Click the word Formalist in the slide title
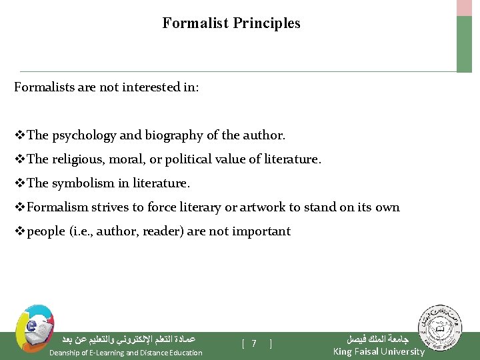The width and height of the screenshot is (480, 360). coord(195,23)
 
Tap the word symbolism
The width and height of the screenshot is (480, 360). coord(83,183)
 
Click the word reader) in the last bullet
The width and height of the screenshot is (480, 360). coord(175,231)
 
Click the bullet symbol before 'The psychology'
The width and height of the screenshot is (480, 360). coord(20,135)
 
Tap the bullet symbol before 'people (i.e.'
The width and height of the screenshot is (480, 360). coord(20,231)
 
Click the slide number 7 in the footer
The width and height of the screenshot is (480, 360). coord(254,344)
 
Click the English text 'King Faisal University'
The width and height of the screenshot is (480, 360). coord(378,351)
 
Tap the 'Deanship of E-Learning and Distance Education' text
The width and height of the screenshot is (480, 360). coord(126,353)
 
